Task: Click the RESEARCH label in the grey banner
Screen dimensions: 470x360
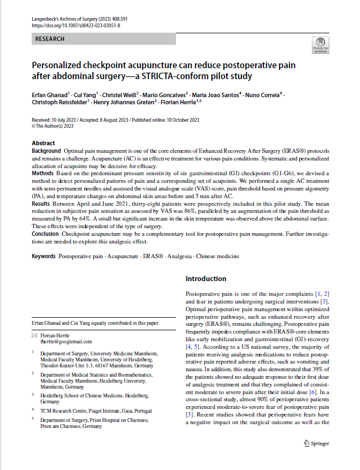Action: [50, 39]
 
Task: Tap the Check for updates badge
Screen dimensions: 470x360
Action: [320, 46]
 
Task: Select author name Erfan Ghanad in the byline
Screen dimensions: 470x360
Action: [49, 94]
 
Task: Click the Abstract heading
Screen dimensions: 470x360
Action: [43, 143]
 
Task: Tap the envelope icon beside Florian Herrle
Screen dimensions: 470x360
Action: [34, 335]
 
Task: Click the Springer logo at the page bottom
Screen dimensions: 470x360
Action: [316, 444]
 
